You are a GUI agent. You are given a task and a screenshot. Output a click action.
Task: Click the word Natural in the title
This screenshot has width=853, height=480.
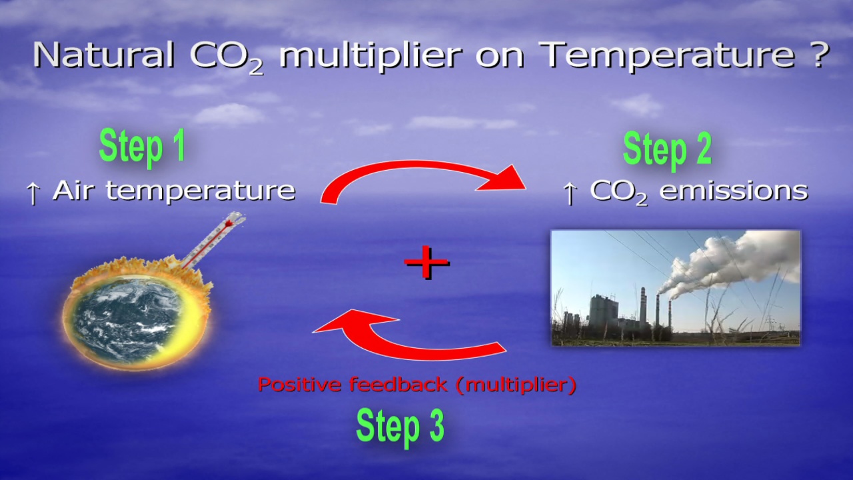[103, 55]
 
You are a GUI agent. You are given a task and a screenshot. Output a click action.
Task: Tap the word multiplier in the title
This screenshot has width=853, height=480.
[371, 57]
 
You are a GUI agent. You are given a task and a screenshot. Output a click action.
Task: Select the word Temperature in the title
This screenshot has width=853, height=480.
[668, 57]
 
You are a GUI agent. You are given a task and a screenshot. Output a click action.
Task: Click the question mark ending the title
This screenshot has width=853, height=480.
[818, 55]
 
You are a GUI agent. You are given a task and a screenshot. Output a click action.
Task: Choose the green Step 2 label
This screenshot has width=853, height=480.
[667, 150]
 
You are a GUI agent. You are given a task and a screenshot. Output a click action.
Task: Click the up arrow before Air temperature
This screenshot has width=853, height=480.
[33, 193]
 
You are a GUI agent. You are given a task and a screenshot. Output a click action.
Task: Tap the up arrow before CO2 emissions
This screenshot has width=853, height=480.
[570, 193]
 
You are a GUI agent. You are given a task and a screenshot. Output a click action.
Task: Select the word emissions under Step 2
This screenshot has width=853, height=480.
[734, 190]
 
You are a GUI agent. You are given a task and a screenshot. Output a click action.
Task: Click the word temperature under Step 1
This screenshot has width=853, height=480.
[201, 191]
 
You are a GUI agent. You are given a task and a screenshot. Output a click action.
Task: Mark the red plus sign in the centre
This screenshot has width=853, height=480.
[426, 263]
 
